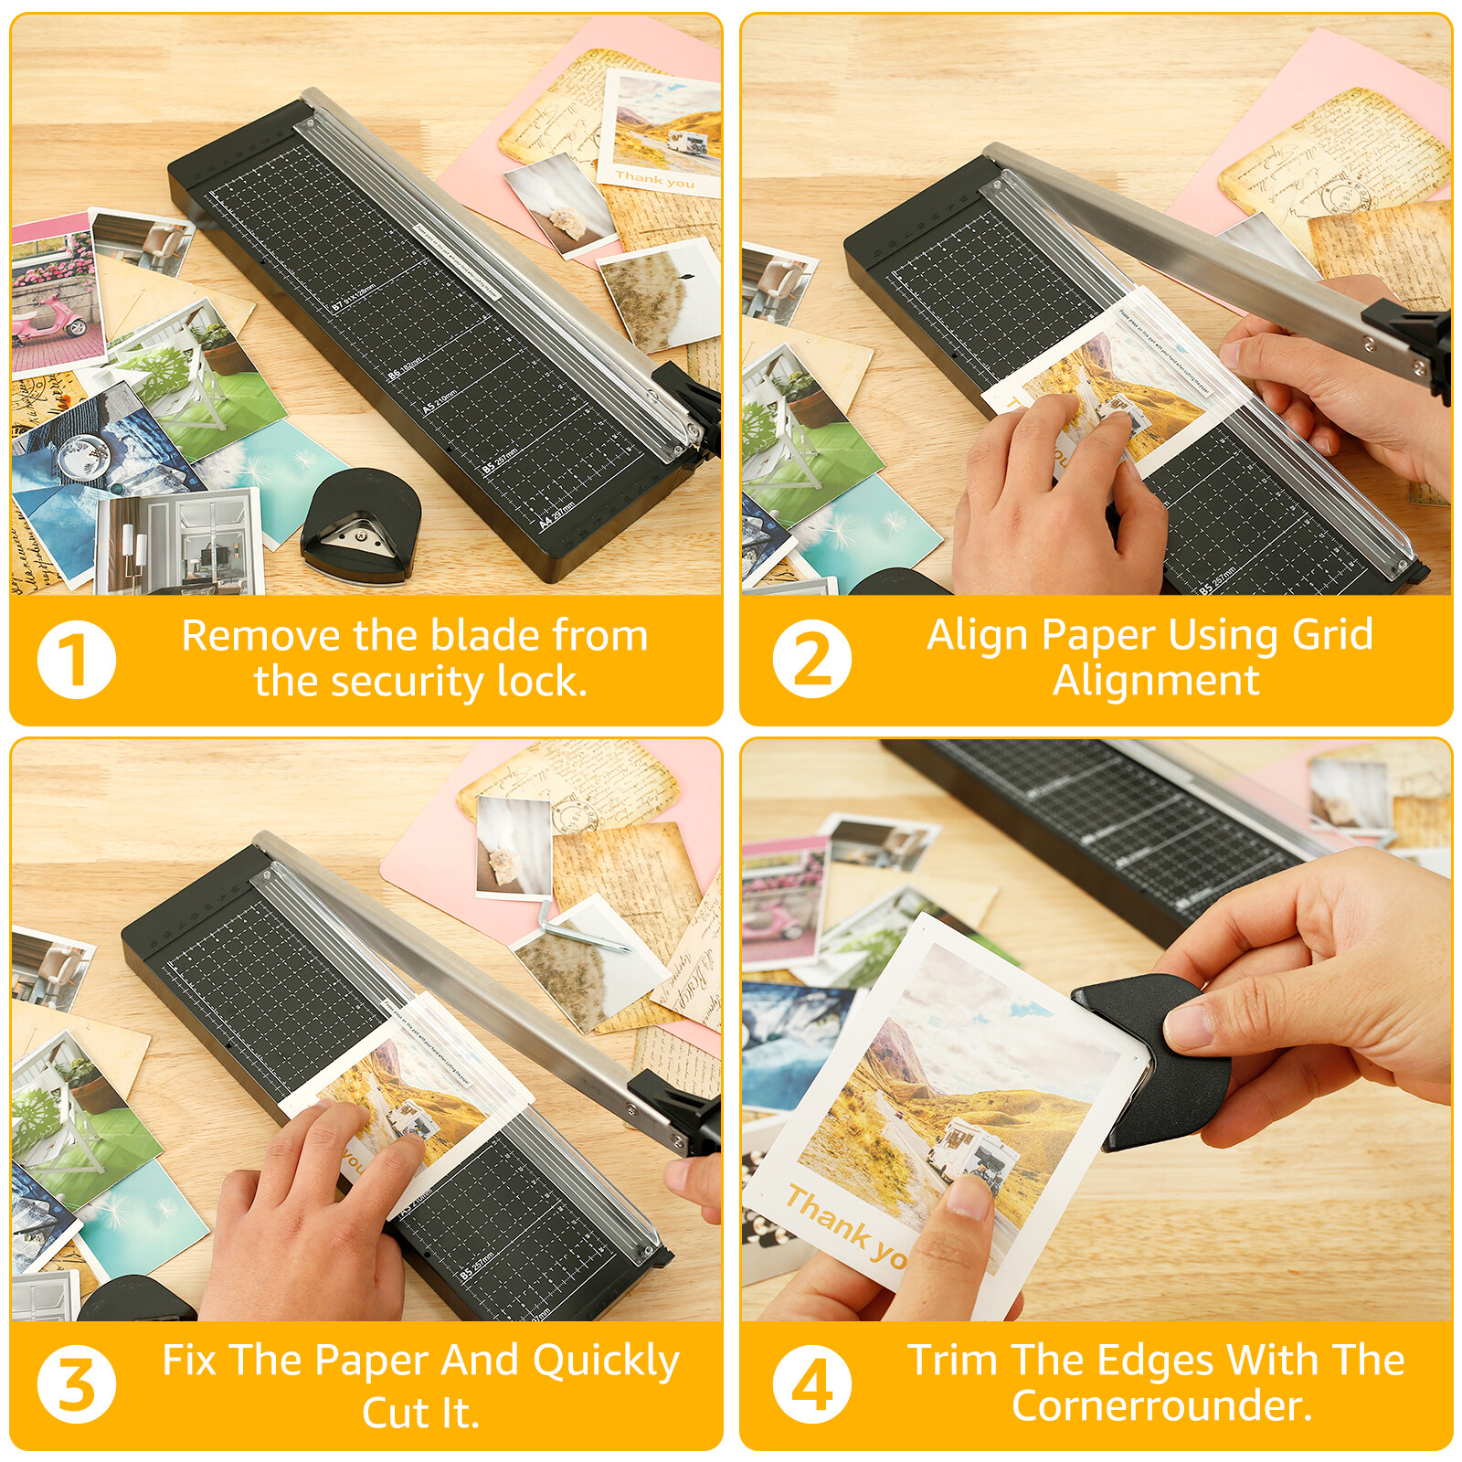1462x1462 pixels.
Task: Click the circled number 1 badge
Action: pos(77,660)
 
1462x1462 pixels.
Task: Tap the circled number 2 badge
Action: pos(811,660)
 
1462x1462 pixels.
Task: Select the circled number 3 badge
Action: pos(77,1384)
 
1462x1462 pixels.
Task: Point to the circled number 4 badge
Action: pos(811,1384)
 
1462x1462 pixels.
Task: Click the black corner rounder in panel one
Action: pos(361,525)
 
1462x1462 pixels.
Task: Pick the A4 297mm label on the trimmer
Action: pos(556,515)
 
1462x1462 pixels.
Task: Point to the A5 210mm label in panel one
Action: pos(440,402)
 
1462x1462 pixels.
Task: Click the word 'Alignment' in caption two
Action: pos(1156,681)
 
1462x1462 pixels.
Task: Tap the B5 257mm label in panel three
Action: pos(477,1266)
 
